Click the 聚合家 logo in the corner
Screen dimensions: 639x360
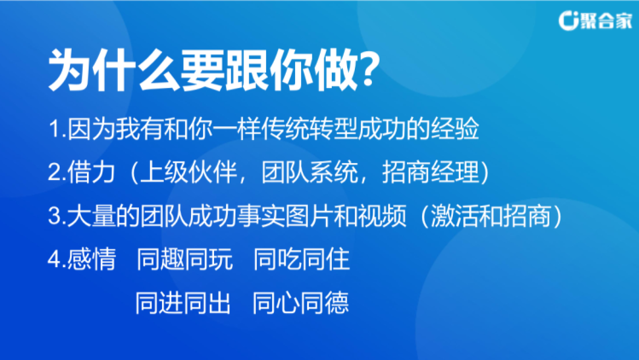[595, 20]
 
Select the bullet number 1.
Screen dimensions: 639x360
[55, 129]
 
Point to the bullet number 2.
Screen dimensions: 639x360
[55, 172]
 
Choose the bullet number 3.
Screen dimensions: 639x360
[55, 216]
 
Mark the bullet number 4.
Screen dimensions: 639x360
[55, 259]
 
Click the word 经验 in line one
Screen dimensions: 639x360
[456, 129]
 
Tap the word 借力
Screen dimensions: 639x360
[91, 172]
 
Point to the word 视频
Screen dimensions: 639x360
[382, 216]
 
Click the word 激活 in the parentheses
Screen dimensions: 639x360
[456, 216]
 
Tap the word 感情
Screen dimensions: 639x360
[91, 259]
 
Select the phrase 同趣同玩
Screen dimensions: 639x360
[184, 259]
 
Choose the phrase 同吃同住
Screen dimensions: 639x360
[301, 259]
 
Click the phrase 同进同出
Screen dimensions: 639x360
[183, 304]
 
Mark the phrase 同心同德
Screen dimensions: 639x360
[301, 304]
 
